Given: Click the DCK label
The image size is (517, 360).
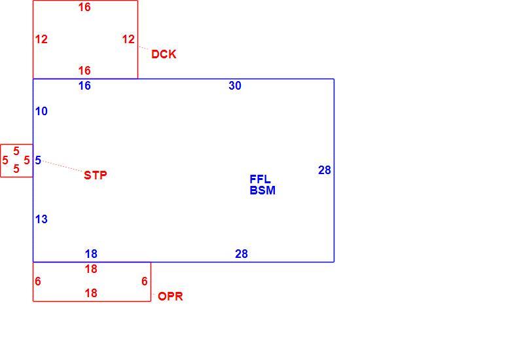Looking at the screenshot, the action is coord(164,54).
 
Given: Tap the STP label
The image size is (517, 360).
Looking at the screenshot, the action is coord(96,175).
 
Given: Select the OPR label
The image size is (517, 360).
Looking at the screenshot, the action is coord(170,296).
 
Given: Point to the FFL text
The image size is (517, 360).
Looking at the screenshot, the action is coord(260,179).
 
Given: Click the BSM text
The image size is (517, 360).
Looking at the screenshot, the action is coord(262,190).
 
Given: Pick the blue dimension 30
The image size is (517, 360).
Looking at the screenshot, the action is coord(235,86).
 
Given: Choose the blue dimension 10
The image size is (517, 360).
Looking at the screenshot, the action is coord(41,111).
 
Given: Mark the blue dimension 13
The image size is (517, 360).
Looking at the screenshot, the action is coord(41,219).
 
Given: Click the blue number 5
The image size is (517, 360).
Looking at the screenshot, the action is coord(38,160).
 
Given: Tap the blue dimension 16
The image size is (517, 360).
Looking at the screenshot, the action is coord(84,86).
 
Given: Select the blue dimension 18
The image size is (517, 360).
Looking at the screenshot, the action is coord(91,254).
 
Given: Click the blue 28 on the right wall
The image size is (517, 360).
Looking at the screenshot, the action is coord(325,170).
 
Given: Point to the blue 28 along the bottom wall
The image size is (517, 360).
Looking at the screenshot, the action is coord(241,254).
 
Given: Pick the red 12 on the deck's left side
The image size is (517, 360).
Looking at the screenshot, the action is coord(41,39).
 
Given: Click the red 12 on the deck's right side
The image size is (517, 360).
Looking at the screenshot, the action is coord(128,39).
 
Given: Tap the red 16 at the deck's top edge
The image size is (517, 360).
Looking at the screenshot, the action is coord(84,7).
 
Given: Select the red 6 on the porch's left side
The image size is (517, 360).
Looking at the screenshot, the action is coord(38,281).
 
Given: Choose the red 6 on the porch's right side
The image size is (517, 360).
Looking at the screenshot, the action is coord(145,281).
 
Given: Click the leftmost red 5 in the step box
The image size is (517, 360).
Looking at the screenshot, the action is coord(5,160).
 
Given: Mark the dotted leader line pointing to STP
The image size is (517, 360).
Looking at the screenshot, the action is coord(63,166).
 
